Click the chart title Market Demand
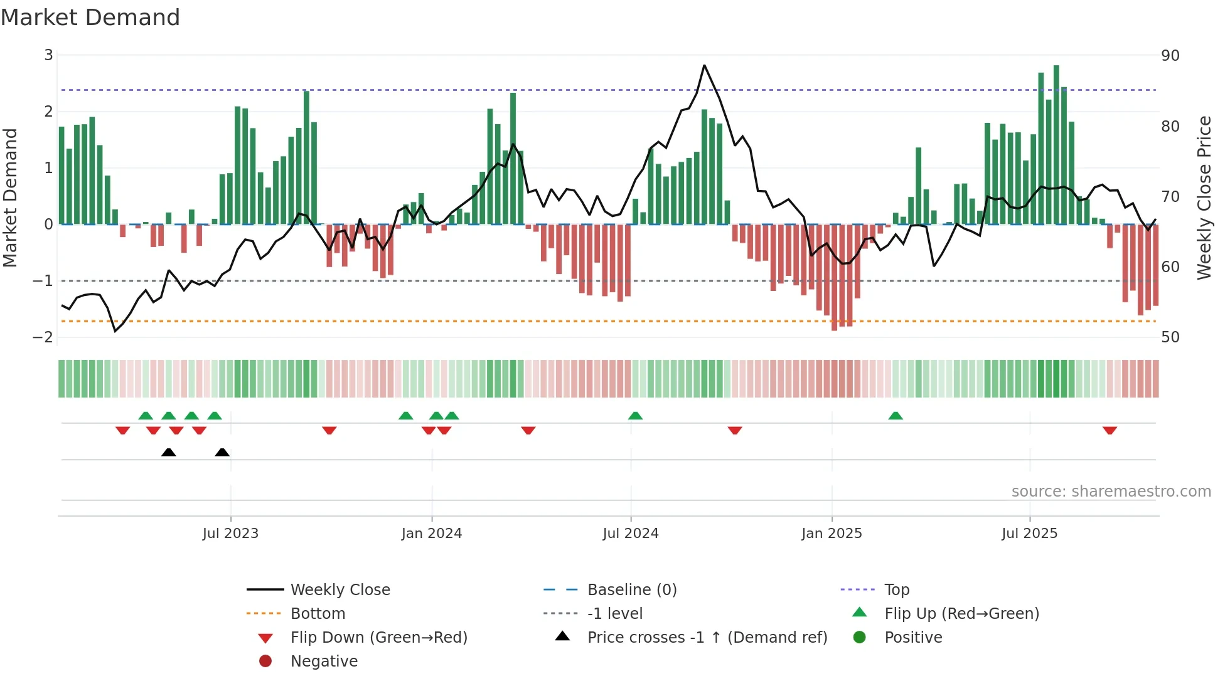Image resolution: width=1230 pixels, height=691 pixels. coord(90,18)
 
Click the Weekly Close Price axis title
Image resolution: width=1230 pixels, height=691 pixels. coord(1204,198)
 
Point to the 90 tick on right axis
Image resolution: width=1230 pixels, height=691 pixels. coord(1170,56)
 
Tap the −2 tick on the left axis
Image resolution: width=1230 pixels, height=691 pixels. coord(43,337)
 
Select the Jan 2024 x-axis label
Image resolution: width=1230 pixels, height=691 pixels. coord(431,534)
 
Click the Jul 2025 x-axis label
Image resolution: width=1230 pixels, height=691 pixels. coord(1029,534)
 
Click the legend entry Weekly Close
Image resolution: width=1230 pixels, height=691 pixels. coord(340,589)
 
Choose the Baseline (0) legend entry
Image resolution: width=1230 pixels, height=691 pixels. coord(631,589)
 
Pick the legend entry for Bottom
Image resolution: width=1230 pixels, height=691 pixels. coord(318,613)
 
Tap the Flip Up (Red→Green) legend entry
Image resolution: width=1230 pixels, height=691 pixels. coord(961,613)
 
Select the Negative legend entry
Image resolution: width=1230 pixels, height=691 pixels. coord(324,661)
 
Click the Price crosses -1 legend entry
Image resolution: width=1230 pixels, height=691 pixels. coord(707,637)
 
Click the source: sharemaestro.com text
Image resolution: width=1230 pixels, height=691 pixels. coord(1111,492)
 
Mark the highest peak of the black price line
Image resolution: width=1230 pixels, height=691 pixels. coord(704,65)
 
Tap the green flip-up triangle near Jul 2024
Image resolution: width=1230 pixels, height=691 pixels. coord(635,416)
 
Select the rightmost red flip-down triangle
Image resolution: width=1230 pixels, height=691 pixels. coord(1110,430)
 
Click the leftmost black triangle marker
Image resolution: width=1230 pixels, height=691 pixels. coord(168,452)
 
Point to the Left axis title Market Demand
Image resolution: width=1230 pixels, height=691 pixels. coord(11,198)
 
